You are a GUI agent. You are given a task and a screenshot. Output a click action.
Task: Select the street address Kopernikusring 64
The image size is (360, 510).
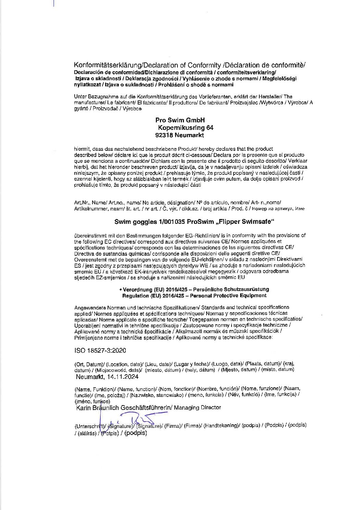[185, 128]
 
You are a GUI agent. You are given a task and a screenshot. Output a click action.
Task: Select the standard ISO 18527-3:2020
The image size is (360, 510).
[100, 351]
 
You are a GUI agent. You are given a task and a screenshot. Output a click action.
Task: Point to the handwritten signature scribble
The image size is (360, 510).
[137, 419]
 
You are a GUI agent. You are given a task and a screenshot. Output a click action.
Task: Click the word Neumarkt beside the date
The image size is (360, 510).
[90, 377]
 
